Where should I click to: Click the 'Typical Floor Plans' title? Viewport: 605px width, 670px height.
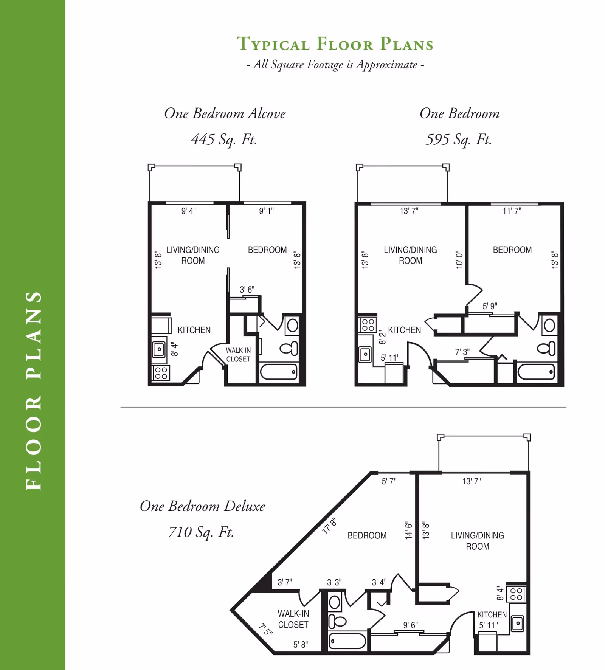[x=335, y=44]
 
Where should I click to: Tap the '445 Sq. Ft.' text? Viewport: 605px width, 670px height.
[x=224, y=140]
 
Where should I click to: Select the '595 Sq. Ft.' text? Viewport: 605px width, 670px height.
[x=459, y=140]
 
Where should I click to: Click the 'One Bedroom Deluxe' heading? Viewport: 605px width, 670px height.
[x=202, y=506]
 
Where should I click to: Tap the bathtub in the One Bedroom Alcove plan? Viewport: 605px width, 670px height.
[x=279, y=372]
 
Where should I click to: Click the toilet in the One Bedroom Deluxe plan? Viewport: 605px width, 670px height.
[x=337, y=621]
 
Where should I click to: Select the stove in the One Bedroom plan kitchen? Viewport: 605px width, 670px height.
[x=368, y=325]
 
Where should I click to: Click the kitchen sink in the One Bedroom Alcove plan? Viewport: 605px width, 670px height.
[x=159, y=349]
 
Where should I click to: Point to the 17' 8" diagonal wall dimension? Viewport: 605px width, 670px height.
[x=329, y=526]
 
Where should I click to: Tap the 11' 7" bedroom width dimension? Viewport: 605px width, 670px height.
[x=512, y=211]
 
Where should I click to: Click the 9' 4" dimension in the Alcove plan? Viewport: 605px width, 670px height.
[x=188, y=211]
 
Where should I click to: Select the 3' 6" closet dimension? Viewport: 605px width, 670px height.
[x=247, y=290]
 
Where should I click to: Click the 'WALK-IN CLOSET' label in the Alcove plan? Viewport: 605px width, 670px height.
[x=238, y=355]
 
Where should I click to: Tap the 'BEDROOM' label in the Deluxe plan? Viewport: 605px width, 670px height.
[x=367, y=535]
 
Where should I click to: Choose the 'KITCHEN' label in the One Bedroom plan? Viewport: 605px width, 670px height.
[x=404, y=330]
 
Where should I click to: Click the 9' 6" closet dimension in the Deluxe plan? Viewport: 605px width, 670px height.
[x=410, y=625]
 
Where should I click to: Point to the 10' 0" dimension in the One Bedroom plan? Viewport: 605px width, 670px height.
[x=459, y=260]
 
